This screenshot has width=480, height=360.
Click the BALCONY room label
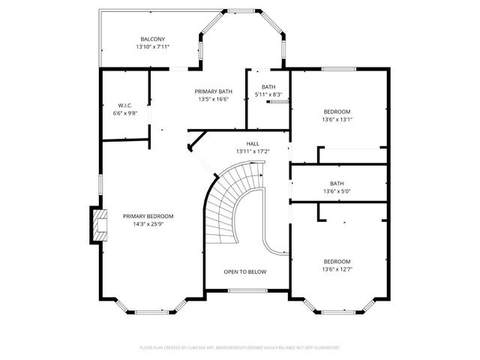coord(152,39)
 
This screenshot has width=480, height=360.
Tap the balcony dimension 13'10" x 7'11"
coord(152,47)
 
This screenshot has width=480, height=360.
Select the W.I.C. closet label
coord(125,105)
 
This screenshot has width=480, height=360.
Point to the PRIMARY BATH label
coord(213,90)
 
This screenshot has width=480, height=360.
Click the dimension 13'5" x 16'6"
coord(213,98)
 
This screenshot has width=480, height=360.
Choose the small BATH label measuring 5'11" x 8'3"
coord(268,87)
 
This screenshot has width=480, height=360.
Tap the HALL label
coord(253,143)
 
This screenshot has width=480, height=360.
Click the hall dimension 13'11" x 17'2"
coord(253,151)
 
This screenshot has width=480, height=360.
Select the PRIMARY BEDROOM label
coord(148,216)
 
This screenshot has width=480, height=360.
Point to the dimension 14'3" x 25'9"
coord(148,224)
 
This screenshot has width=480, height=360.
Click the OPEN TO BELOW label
coord(244,271)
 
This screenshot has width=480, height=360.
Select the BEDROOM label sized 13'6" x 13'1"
coord(337,111)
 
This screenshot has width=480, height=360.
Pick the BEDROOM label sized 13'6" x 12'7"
coord(337,261)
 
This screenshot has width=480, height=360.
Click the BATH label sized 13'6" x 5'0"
coord(337,183)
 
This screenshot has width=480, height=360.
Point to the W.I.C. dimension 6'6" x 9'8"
coord(125,113)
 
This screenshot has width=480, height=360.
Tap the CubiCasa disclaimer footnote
coord(240,348)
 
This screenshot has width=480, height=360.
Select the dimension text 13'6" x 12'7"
coord(337,269)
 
